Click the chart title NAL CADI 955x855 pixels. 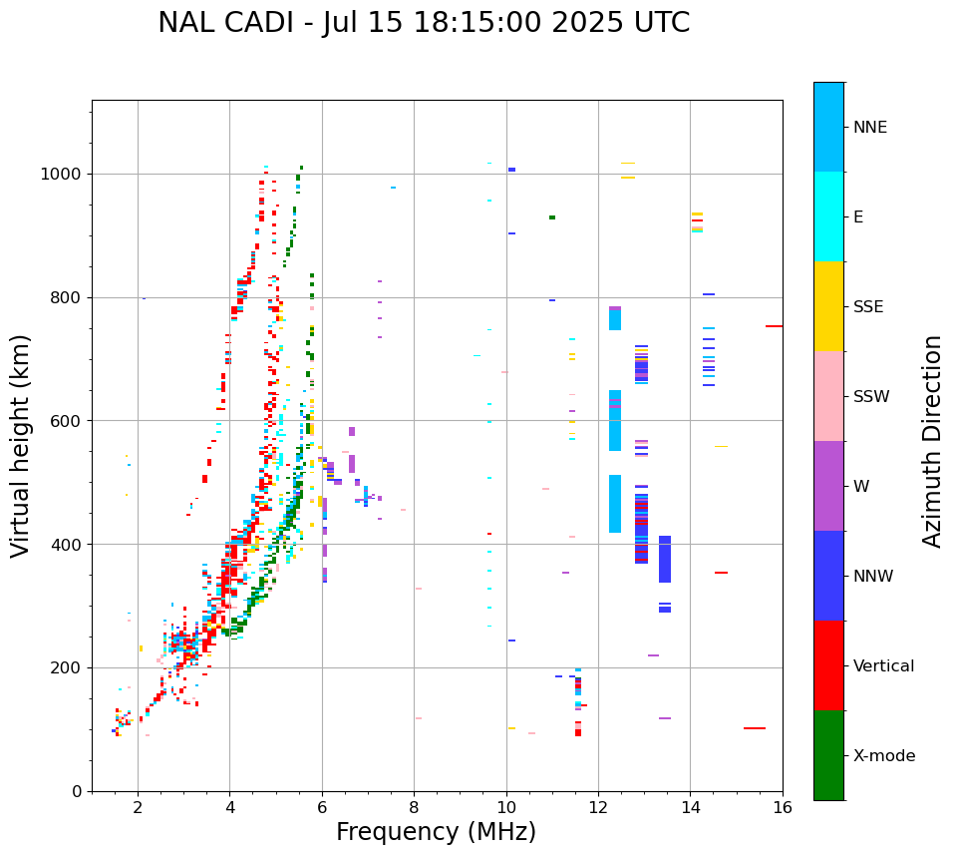424,23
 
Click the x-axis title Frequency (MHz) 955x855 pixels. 436,832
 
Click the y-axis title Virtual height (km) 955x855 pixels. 21,446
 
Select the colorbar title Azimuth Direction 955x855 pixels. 932,441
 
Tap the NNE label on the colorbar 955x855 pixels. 869,128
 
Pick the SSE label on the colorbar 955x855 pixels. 867,307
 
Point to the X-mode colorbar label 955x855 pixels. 884,756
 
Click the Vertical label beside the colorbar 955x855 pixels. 883,666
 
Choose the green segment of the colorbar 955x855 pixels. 828,755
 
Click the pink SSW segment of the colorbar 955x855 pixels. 828,396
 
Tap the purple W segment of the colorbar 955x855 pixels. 828,486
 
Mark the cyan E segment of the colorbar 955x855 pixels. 828,216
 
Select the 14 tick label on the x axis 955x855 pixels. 690,807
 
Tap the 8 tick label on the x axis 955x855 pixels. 414,807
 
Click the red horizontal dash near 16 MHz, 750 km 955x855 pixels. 774,326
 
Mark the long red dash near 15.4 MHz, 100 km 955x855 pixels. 755,728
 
